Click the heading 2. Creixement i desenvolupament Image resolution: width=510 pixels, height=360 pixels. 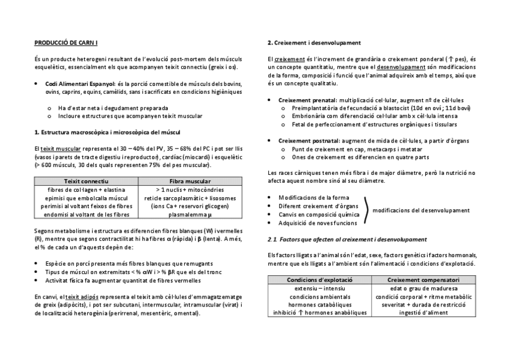(313, 43)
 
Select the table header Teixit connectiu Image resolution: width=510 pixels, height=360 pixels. (86, 181)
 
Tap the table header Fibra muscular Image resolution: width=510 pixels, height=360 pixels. (190, 181)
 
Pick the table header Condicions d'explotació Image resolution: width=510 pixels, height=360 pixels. (319, 279)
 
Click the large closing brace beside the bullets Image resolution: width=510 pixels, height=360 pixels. (366, 210)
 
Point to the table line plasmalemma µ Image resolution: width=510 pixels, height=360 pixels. (190, 214)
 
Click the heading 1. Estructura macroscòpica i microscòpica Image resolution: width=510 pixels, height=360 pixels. (106, 132)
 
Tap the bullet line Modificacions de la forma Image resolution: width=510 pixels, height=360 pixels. (313, 197)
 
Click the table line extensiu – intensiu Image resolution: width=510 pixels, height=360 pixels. (319, 288)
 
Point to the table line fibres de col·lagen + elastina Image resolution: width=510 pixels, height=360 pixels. (86, 189)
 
